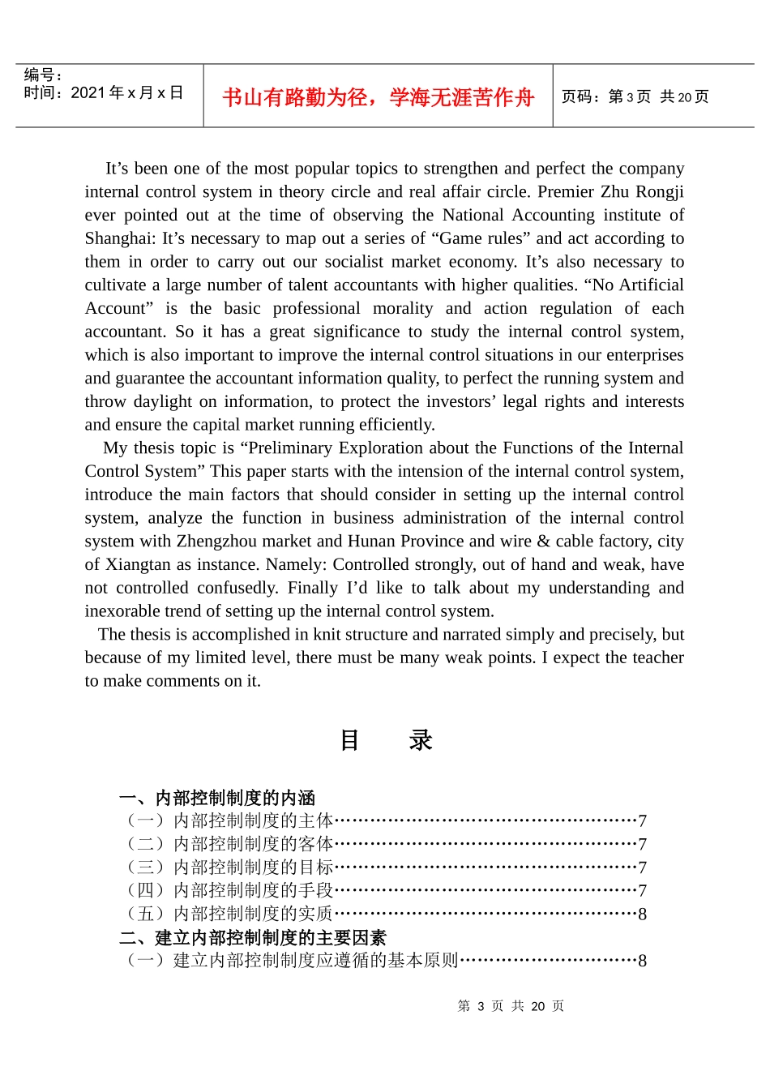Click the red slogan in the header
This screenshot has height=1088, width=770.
click(378, 97)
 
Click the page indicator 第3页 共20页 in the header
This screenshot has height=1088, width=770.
click(635, 97)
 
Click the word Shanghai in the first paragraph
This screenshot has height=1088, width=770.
click(119, 238)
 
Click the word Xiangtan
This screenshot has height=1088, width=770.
click(138, 565)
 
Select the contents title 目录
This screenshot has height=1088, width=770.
click(386, 740)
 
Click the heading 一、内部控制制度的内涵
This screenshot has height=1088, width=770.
click(217, 798)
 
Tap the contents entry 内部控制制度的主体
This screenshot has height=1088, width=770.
click(254, 821)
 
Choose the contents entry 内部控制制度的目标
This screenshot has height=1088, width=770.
click(254, 867)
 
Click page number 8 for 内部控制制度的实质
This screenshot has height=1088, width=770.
click(642, 915)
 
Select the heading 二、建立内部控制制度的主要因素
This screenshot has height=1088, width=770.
click(253, 938)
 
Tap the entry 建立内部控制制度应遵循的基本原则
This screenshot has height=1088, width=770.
click(315, 961)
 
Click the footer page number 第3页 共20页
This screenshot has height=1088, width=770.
click(511, 1006)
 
